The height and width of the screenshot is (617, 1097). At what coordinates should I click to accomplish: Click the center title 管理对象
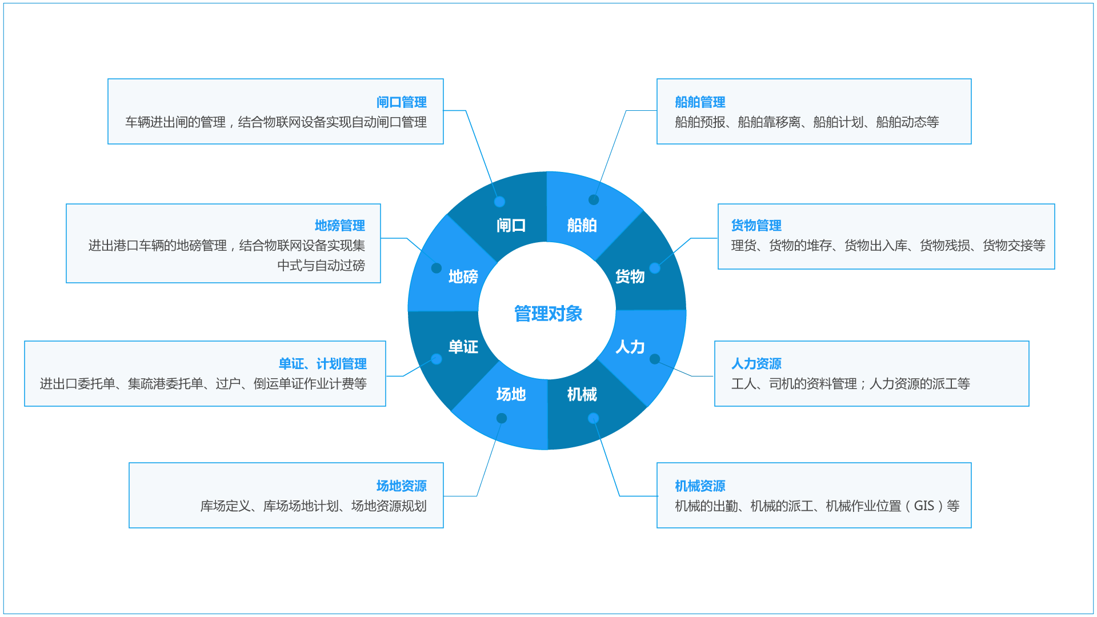click(x=548, y=314)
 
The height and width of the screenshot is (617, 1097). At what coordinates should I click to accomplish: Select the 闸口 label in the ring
click(x=511, y=225)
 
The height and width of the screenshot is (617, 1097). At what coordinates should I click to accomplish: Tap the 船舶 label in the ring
click(x=582, y=225)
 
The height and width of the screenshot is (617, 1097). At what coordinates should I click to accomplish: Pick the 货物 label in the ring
click(x=630, y=277)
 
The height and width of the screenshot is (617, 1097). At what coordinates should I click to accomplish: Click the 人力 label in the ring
click(x=630, y=347)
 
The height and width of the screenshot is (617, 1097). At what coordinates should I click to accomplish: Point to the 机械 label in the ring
click(x=582, y=394)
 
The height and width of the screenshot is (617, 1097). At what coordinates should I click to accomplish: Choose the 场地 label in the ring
click(x=511, y=394)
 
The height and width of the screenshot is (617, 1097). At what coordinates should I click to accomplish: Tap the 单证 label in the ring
click(x=463, y=347)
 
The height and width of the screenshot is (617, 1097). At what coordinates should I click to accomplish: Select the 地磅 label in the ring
click(x=463, y=277)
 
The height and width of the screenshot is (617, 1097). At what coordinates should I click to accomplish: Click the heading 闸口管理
click(x=401, y=102)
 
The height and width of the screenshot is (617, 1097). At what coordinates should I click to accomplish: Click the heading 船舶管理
click(x=700, y=102)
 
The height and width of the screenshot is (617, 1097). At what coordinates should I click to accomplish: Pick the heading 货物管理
click(x=756, y=226)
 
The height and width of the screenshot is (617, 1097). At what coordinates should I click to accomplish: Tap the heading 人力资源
click(x=756, y=363)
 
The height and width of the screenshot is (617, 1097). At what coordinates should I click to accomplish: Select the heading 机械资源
click(x=700, y=486)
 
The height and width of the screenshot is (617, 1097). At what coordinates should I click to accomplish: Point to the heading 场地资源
click(x=401, y=486)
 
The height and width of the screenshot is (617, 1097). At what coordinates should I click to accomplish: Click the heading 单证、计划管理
click(x=322, y=364)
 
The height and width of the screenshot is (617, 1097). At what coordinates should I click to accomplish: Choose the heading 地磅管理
click(x=339, y=226)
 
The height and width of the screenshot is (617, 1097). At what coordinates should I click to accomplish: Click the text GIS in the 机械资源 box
click(x=923, y=506)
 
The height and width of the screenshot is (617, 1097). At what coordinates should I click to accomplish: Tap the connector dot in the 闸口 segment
click(x=499, y=202)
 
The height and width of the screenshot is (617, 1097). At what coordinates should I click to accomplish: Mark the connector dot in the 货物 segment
click(x=655, y=268)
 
